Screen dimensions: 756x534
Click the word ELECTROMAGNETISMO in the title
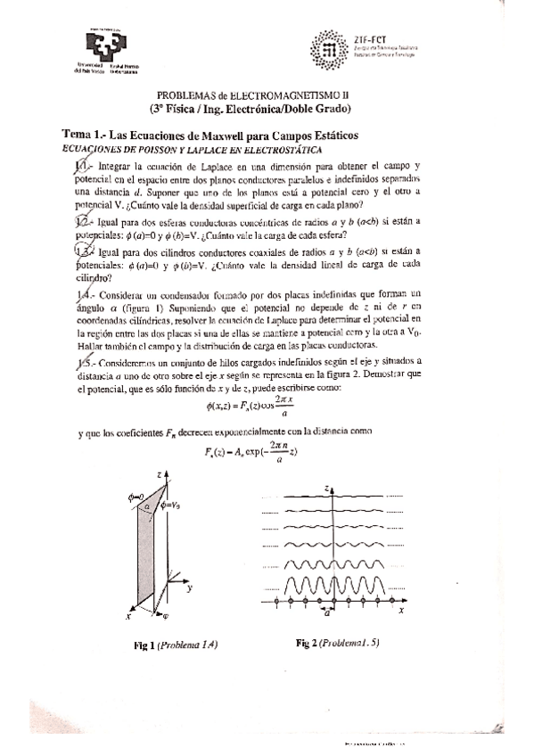pyautogui.click(x=273, y=94)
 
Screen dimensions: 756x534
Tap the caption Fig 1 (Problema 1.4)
pyautogui.click(x=175, y=644)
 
